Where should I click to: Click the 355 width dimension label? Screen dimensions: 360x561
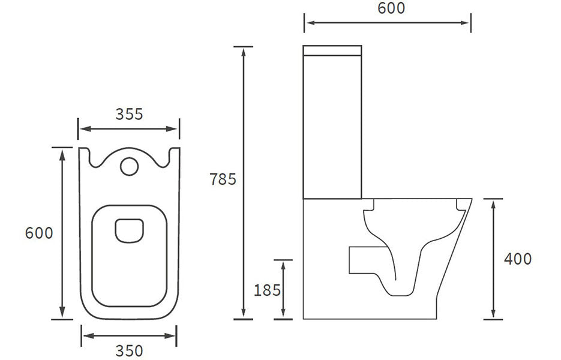tap(129, 114)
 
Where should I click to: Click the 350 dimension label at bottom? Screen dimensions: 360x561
tap(129, 350)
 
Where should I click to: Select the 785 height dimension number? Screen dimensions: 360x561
tap(224, 179)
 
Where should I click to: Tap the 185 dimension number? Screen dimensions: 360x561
tap(268, 290)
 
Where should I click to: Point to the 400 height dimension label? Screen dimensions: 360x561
tap(517, 259)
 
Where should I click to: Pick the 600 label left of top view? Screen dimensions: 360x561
tap(40, 233)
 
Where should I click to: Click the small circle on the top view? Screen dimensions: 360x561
tap(128, 166)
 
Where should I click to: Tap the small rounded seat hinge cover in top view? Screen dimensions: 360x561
tap(128, 232)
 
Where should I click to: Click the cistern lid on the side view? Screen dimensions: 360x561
tap(333, 50)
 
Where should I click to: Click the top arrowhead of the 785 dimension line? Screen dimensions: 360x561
tap(243, 50)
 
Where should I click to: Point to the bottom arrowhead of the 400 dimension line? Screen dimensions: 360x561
tap(493, 314)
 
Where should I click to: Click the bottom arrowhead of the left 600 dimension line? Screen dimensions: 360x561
tap(62, 314)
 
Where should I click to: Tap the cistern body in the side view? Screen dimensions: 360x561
tap(333, 126)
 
